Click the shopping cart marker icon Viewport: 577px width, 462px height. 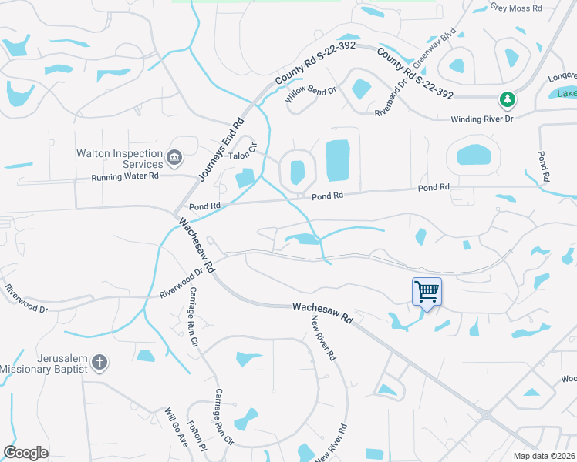coord(427,292)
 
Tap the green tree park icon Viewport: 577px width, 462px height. coord(507,99)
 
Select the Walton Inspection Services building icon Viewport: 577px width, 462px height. coord(174,159)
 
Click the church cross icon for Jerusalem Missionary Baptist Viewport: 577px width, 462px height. coord(99,362)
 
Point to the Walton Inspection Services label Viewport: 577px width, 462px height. coord(120,159)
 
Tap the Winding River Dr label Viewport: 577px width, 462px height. coord(482,119)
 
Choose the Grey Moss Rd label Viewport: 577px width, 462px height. coord(517,8)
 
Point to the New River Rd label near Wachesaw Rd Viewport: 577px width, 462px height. coord(324,340)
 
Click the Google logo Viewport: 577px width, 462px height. coord(26,453)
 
